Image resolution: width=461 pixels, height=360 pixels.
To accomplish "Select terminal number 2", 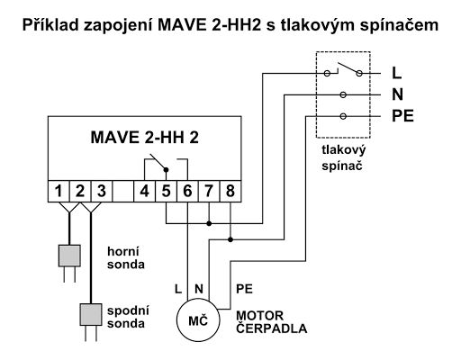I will [x=79, y=190].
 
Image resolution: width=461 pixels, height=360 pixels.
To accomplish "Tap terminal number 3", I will [x=101, y=190].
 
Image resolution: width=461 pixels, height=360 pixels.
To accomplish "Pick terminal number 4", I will [x=144, y=190].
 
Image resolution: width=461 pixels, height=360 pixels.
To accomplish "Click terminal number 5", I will [x=166, y=190].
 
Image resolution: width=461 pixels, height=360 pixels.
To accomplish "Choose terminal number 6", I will [x=187, y=190].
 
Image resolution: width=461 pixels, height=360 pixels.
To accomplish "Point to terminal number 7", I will [x=209, y=190].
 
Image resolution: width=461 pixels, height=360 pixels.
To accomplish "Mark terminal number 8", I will [x=230, y=190].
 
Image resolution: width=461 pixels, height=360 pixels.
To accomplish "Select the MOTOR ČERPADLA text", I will [x=270, y=322].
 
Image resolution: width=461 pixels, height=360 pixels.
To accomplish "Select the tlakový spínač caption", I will [x=342, y=159].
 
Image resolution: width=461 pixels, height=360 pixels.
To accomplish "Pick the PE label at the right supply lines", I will [x=402, y=115].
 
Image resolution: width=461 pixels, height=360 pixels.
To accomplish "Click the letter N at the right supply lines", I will [x=397, y=94].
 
